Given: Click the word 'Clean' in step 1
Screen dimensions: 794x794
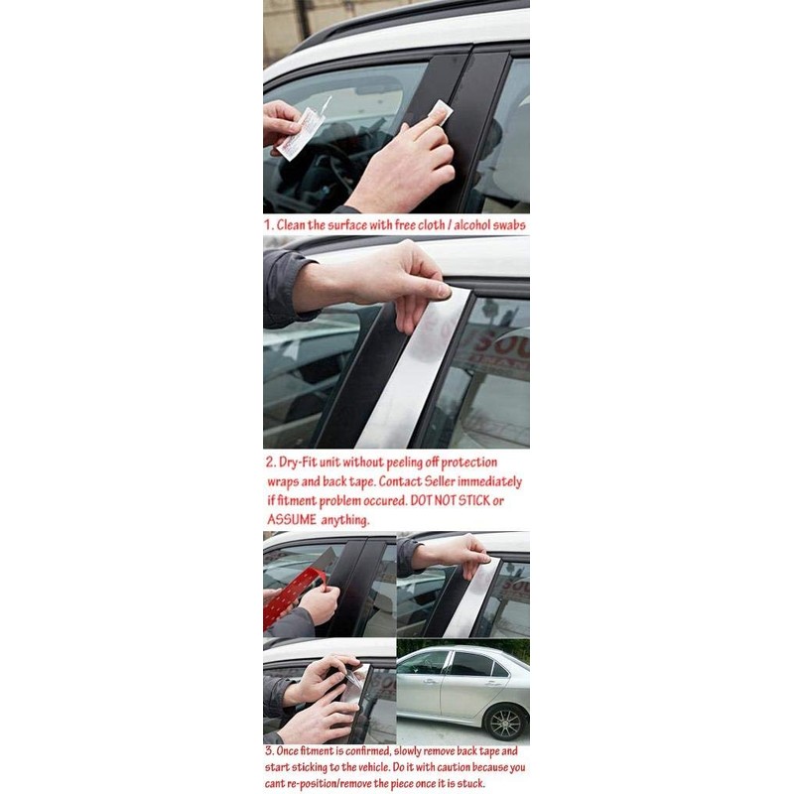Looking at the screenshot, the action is (290, 225).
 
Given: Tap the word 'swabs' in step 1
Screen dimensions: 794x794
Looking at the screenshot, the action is (510, 225).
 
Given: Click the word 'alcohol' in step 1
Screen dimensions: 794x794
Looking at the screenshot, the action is (473, 225).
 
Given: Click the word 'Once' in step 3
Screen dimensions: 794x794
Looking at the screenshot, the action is (287, 751).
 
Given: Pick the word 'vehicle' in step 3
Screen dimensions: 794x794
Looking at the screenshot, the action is (364, 767).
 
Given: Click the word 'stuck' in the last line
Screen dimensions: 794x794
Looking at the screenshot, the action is (470, 784).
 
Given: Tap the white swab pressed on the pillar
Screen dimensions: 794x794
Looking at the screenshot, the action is (439, 112).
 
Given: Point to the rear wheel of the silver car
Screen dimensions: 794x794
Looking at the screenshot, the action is (504, 722).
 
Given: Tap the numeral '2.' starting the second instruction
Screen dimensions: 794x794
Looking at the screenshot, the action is (271, 463).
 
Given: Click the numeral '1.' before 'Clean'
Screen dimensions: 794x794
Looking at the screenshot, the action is (269, 225).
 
